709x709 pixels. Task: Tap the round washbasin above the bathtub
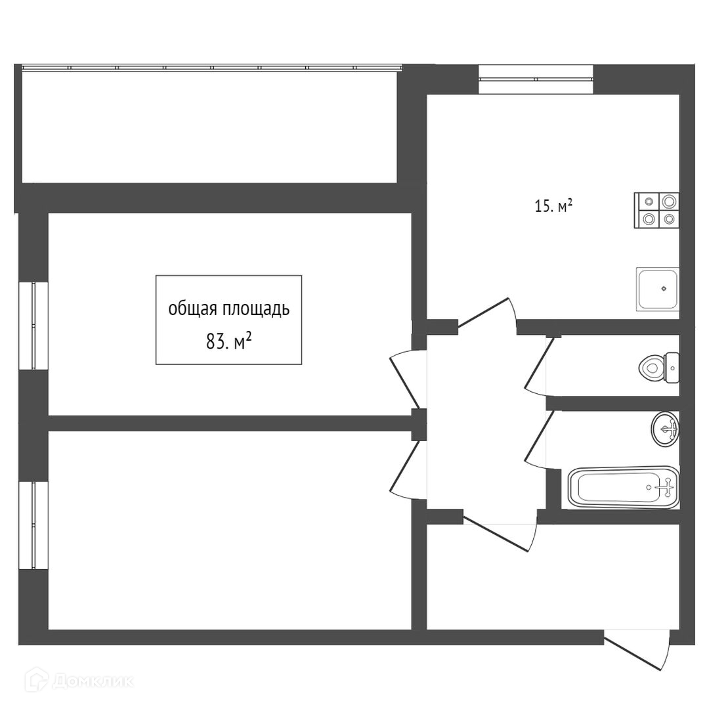[665, 429]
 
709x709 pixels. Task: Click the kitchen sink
[656, 289]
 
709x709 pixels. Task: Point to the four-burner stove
[656, 210]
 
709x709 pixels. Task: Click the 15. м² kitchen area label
[553, 207]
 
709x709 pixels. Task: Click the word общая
[191, 309]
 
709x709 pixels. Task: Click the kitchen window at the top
[536, 79]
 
